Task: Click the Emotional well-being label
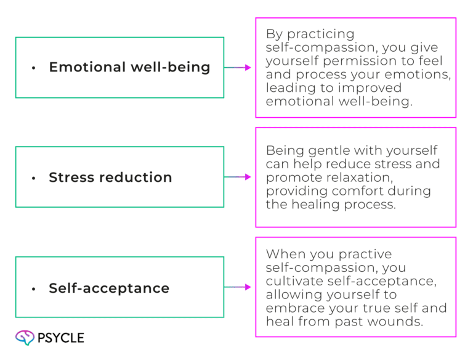(x=129, y=67)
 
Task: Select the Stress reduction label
(x=110, y=178)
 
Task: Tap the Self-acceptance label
(x=109, y=288)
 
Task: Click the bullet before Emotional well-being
(x=34, y=68)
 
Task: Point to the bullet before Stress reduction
(x=34, y=178)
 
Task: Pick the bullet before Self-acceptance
(x=34, y=288)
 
